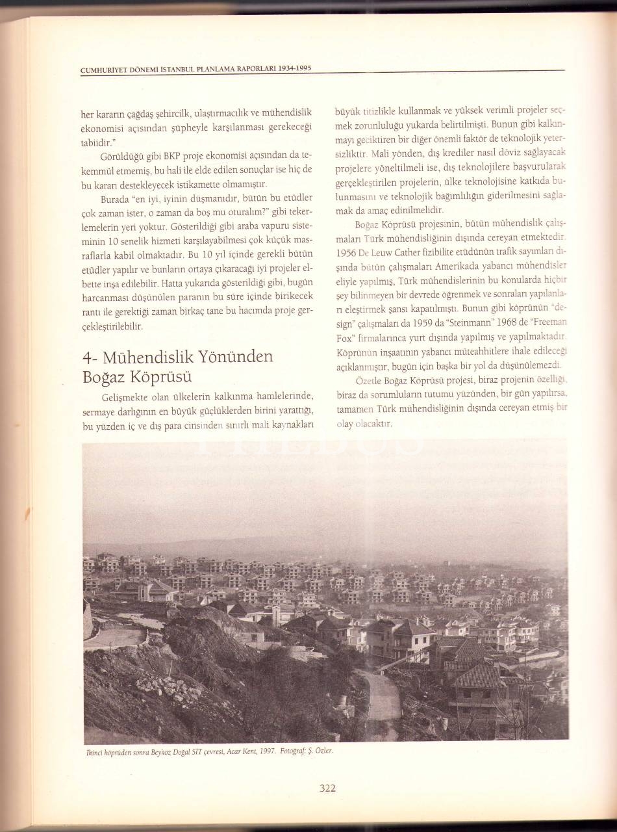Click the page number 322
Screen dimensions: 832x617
coord(327,789)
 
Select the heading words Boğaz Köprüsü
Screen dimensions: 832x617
coord(130,377)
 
